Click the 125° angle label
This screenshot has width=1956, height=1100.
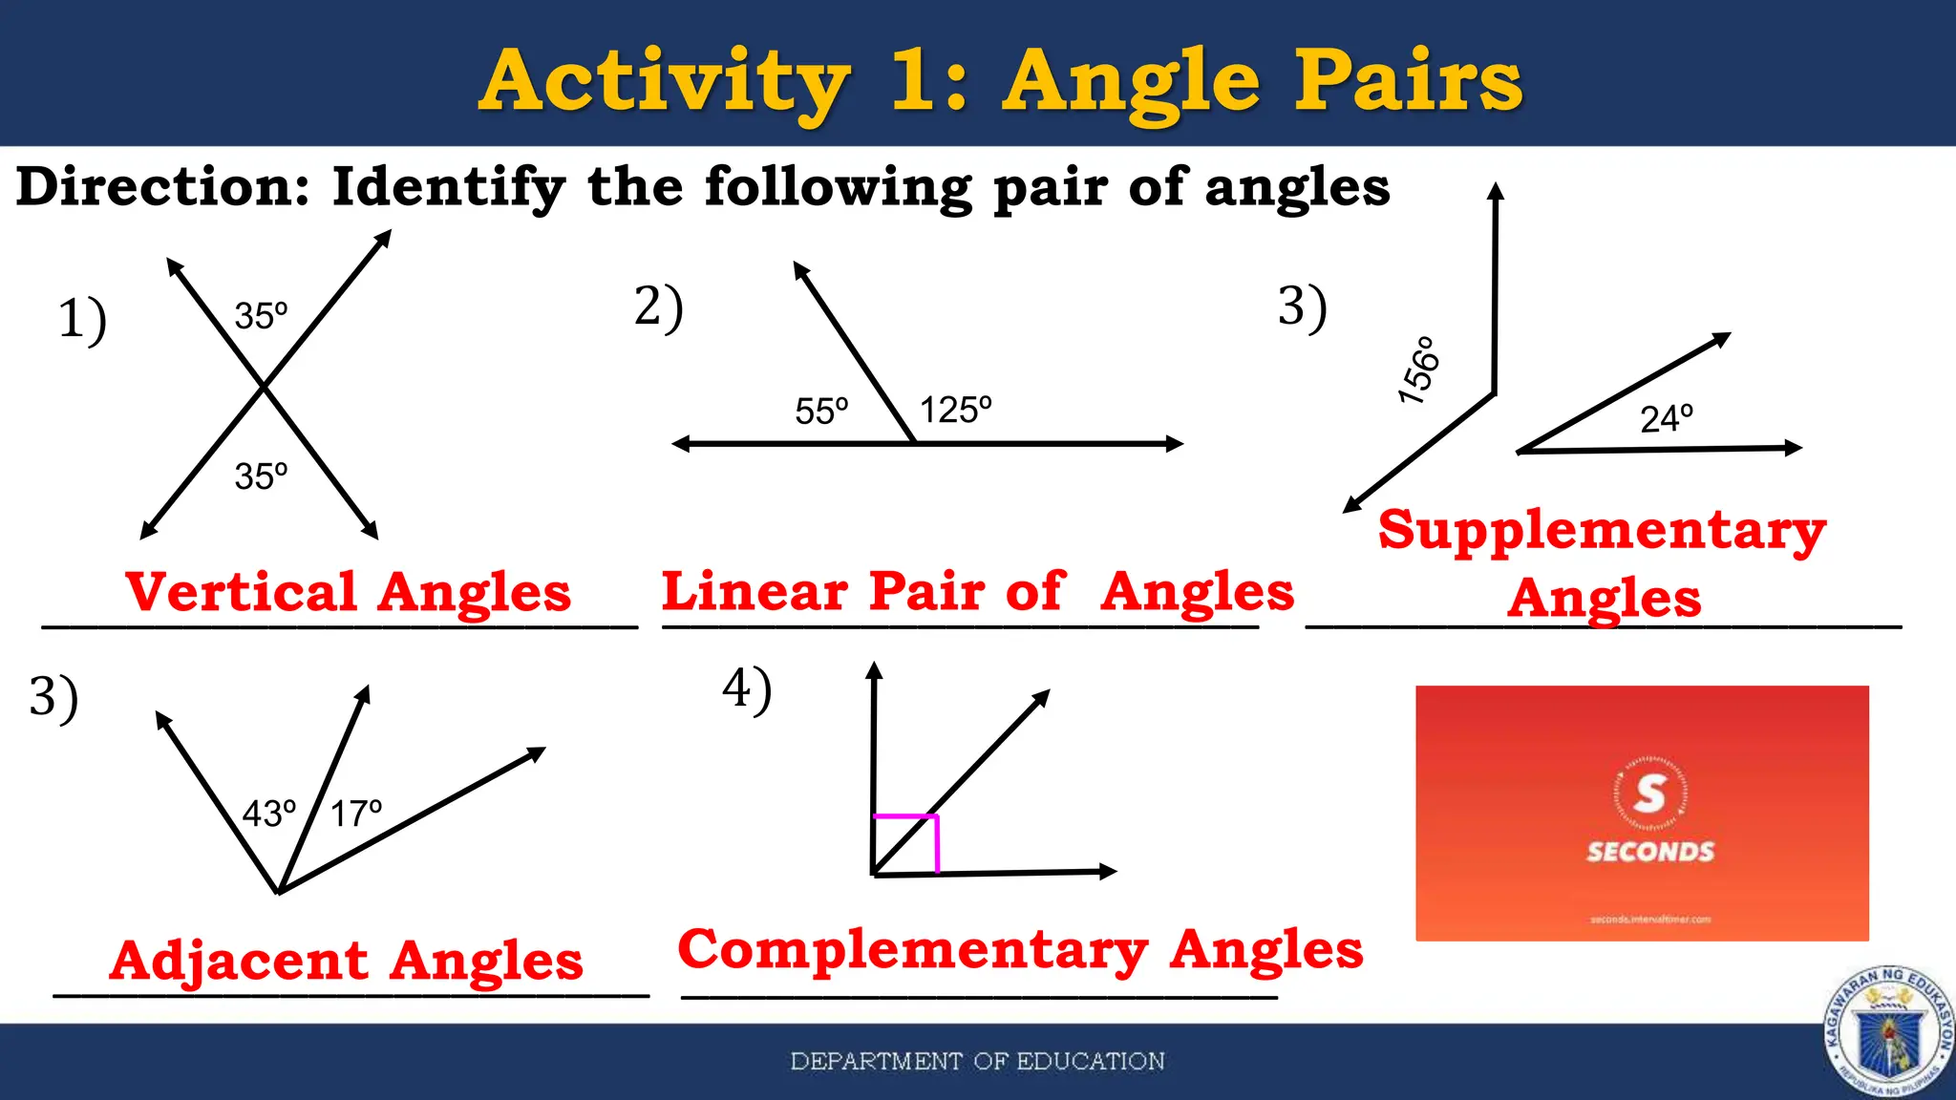click(955, 411)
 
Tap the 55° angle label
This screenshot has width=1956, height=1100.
click(821, 412)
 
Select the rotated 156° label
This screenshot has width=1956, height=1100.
click(1418, 370)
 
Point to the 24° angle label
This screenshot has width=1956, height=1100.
click(1667, 418)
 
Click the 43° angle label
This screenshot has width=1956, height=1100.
click(269, 814)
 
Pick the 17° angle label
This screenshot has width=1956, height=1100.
click(356, 814)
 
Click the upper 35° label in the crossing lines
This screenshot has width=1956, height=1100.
click(261, 316)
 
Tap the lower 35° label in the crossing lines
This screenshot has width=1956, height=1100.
click(261, 476)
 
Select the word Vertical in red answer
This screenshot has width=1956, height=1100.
click(241, 592)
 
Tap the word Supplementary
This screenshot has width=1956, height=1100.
click(1602, 530)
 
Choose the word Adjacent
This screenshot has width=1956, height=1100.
click(238, 961)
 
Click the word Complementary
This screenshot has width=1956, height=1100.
click(912, 950)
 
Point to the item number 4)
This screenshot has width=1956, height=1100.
click(747, 689)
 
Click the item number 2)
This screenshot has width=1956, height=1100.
click(659, 307)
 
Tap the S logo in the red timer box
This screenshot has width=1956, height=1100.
click(1649, 793)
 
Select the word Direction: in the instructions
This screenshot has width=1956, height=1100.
click(163, 186)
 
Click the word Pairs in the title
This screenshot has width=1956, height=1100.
click(1408, 81)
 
